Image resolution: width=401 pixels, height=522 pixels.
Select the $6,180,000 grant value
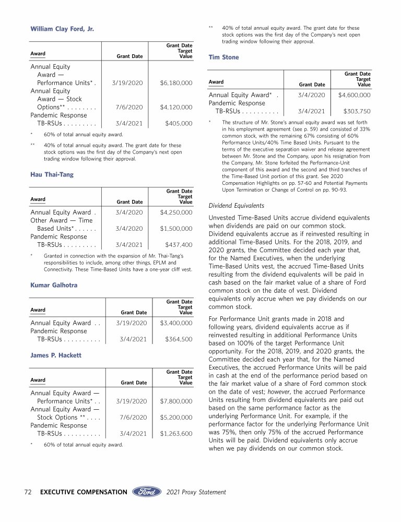(x=176, y=83)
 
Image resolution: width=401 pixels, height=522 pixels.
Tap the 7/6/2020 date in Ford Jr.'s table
(x=127, y=108)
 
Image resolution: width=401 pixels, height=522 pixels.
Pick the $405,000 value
(x=179, y=124)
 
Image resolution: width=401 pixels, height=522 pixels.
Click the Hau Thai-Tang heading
(x=52, y=174)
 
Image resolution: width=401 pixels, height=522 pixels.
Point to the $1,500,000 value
(x=176, y=229)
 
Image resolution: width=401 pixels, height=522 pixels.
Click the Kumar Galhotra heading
(x=54, y=285)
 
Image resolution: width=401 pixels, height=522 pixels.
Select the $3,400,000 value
(x=176, y=323)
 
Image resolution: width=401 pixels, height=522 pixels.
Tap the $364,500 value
(x=179, y=339)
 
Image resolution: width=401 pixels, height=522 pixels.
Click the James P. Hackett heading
(x=56, y=355)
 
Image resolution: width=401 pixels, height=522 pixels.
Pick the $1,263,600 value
(x=176, y=433)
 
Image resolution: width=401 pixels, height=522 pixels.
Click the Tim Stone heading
(x=223, y=57)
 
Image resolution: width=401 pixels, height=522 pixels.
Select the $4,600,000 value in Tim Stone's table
(x=355, y=95)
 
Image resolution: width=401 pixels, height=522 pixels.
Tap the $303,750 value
(x=357, y=111)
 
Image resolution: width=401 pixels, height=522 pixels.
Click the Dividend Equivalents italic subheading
(x=236, y=206)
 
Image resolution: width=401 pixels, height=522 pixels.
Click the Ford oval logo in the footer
(x=147, y=492)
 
